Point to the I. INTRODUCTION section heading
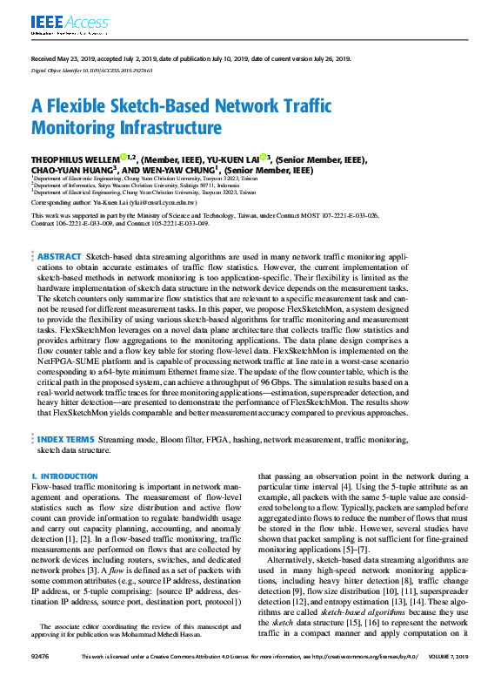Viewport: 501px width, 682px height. [64, 476]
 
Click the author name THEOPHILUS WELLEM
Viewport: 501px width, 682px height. [77, 159]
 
